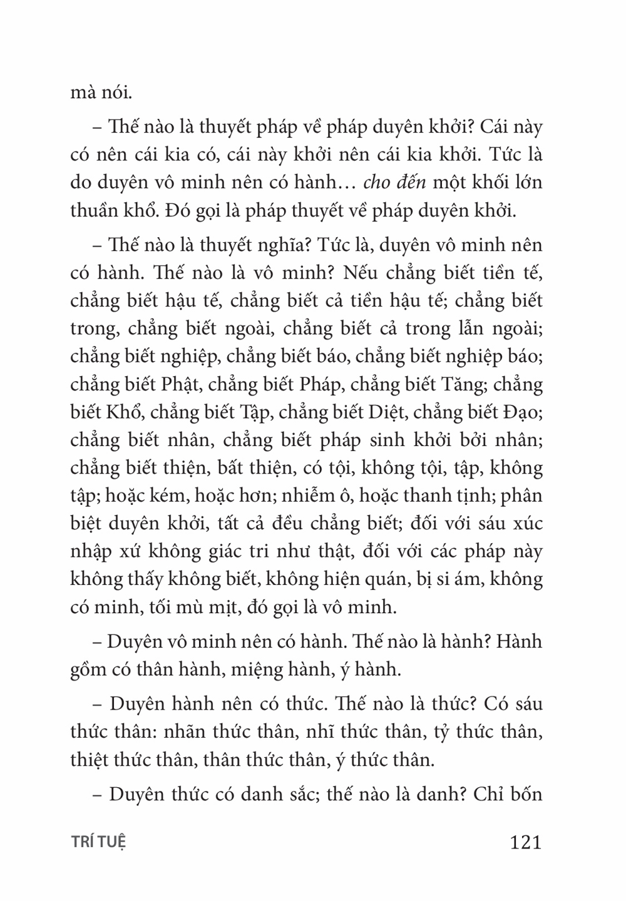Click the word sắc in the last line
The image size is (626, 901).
click(x=299, y=795)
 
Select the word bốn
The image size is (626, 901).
click(x=521, y=795)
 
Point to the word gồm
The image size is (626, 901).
click(x=88, y=669)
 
